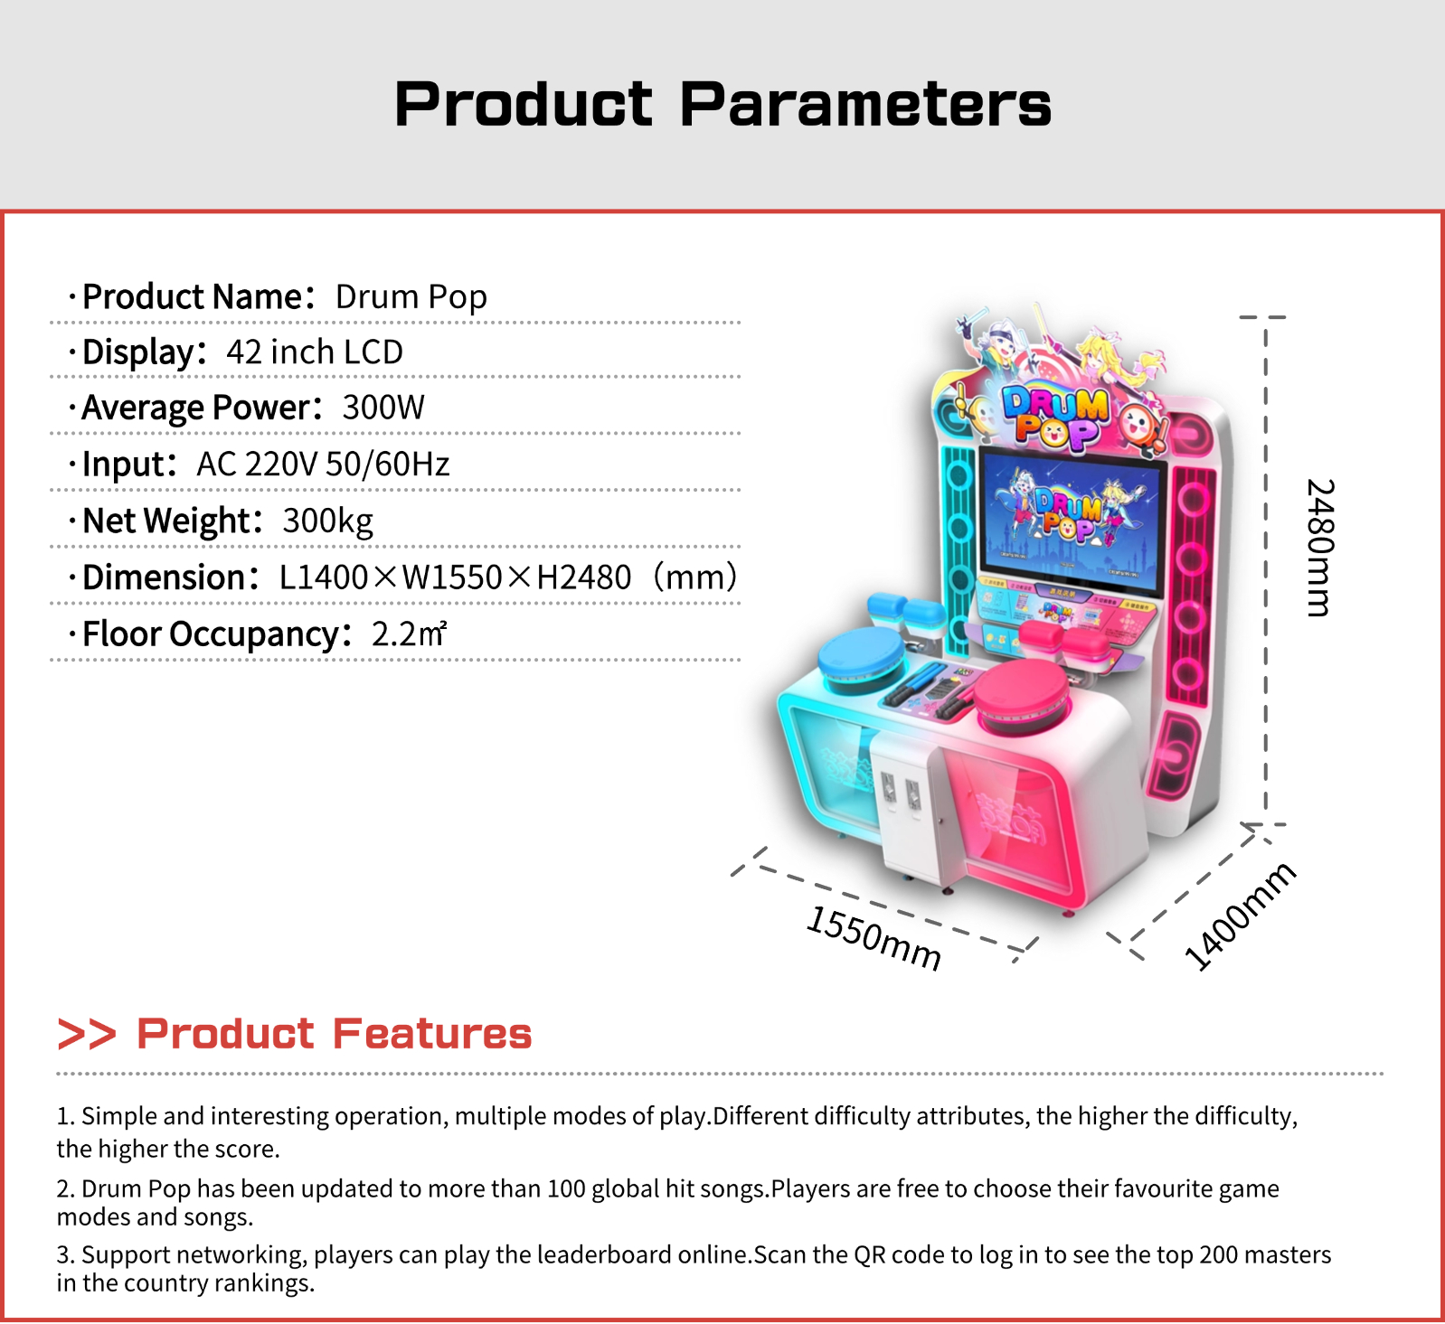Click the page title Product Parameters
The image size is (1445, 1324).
pos(722,104)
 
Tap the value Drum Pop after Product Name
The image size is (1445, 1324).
pos(411,297)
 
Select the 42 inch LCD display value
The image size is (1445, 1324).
pos(315,352)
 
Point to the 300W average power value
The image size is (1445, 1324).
pos(383,408)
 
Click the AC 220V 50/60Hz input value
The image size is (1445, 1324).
pos(323,465)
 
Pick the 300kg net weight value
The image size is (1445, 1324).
pos(327,521)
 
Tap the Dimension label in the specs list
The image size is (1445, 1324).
pos(165,577)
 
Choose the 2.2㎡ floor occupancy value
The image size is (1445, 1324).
pos(409,634)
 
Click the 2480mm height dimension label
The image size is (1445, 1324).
pos(1320,548)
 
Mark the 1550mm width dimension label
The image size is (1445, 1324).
pos(874,937)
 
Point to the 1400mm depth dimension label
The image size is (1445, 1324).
pos(1241,916)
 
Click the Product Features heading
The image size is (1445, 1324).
pos(335,1034)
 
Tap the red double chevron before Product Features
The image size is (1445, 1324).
pos(87,1034)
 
